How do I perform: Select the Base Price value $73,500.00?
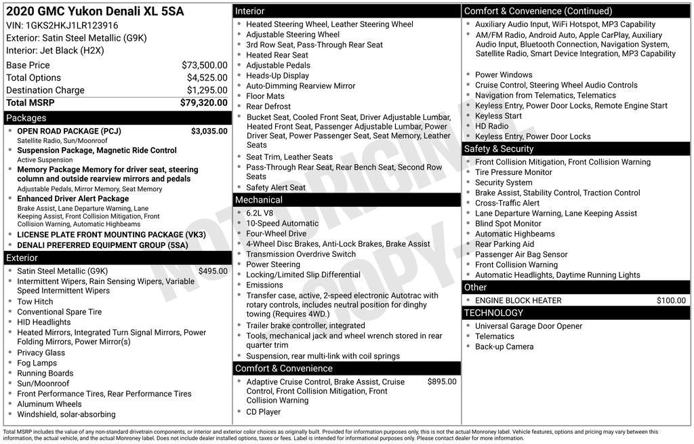[204, 65]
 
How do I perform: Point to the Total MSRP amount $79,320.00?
[203, 102]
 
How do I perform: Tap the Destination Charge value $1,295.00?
[207, 90]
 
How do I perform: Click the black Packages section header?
[117, 118]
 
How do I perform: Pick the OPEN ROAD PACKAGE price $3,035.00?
[209, 131]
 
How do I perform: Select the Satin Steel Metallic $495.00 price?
[213, 271]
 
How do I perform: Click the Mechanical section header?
[347, 200]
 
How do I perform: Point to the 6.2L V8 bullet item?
[260, 214]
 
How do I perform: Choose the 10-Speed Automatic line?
[282, 224]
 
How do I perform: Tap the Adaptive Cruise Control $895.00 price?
[441, 382]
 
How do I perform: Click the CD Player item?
[263, 411]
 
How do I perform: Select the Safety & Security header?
[576, 149]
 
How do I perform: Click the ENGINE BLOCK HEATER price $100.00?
[671, 300]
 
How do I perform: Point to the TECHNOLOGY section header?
[576, 313]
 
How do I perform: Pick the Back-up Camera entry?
[504, 346]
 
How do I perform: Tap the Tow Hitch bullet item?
[35, 302]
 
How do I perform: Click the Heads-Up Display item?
[277, 76]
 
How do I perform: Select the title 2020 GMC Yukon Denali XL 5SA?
[94, 12]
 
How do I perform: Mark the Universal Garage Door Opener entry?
[529, 326]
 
